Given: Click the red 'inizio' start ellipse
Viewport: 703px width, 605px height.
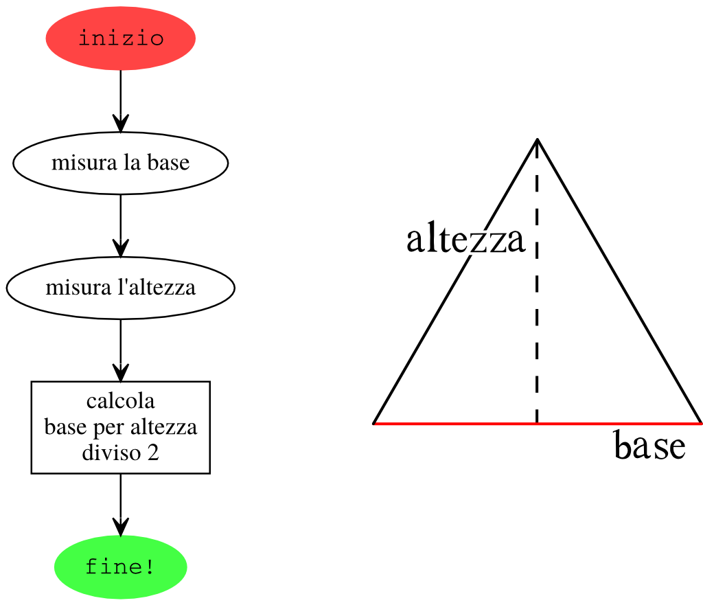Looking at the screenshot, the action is coord(121,38).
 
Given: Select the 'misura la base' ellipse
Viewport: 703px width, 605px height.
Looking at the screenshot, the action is coord(121,163).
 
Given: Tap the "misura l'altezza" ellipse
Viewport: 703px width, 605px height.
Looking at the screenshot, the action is coord(121,288).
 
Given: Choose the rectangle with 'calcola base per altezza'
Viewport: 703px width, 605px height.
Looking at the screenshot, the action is coord(121,427).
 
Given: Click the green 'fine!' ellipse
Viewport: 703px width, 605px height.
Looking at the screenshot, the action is coord(121,567).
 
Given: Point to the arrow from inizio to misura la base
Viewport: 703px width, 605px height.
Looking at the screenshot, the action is coord(121,102).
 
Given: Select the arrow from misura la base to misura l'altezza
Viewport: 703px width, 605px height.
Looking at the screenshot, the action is coord(121,226).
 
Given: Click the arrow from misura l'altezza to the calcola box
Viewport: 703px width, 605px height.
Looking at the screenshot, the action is coord(121,350).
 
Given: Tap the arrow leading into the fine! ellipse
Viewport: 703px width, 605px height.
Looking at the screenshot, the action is coord(121,505).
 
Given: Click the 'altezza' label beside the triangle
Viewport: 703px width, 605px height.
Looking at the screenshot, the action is coord(465,239).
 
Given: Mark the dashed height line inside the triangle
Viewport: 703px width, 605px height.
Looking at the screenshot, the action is coord(537,282).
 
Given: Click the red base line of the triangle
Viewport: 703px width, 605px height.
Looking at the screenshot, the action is coord(537,423).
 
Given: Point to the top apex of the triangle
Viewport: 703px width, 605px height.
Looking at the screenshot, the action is coord(537,139).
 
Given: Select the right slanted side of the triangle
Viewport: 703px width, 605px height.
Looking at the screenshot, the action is coord(619,281).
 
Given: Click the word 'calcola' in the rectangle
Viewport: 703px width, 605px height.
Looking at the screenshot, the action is coord(121,401).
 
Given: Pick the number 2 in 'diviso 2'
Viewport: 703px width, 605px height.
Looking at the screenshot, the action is coord(153,453).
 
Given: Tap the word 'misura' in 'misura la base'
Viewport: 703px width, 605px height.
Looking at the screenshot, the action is coord(84,163).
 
